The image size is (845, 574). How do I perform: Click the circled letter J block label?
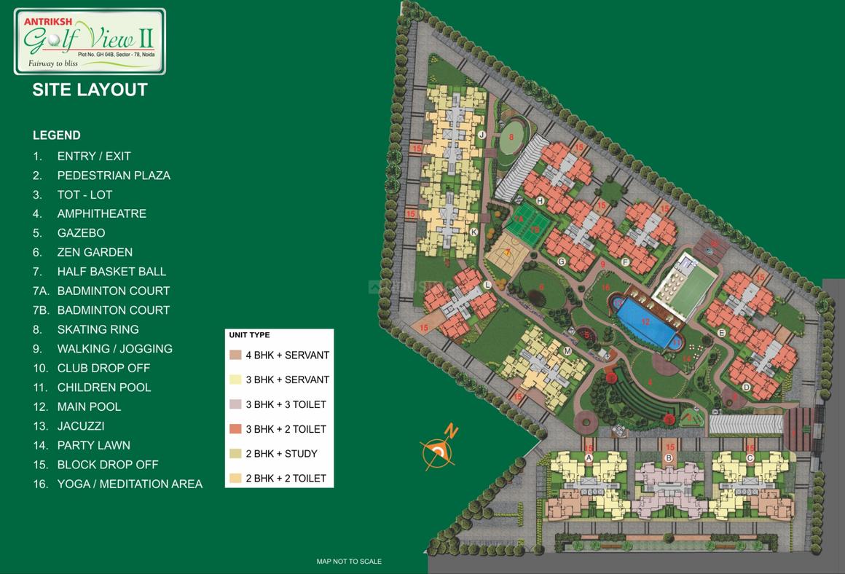click(482, 135)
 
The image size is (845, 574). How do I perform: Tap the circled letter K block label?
click(473, 232)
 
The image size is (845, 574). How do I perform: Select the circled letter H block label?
click(540, 200)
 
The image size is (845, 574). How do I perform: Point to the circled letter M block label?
click(567, 351)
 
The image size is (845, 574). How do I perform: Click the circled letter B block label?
click(668, 458)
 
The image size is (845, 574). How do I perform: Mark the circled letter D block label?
click(746, 388)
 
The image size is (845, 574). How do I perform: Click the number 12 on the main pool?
click(645, 321)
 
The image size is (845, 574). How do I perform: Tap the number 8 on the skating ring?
click(511, 137)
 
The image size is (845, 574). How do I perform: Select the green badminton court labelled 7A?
click(519, 217)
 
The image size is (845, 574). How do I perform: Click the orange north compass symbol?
click(439, 451)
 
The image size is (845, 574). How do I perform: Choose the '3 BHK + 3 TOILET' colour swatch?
click(235, 404)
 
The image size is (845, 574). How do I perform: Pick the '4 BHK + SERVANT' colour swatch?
click(235, 355)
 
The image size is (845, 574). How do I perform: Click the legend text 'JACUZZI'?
click(81, 426)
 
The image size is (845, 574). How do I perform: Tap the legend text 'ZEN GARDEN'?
click(95, 252)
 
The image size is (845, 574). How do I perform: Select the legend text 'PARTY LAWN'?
click(93, 445)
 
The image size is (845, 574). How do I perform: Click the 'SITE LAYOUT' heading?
click(90, 90)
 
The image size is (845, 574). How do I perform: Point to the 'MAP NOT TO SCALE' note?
click(349, 562)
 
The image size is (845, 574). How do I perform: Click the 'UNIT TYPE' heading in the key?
click(249, 335)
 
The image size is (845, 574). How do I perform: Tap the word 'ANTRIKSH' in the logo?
click(45, 22)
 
